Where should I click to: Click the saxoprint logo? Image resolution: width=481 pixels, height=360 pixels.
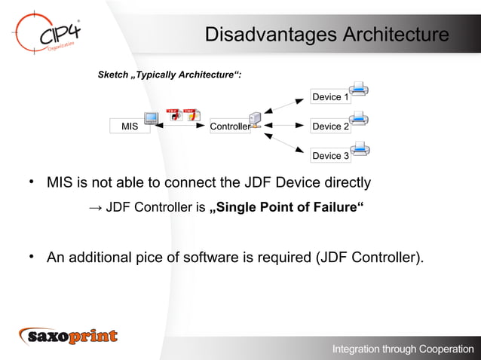point(69,336)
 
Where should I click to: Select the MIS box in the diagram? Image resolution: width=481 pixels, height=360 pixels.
point(129,127)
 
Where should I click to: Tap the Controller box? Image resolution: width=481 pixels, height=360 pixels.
point(229,127)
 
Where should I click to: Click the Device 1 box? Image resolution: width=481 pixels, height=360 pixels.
point(330,97)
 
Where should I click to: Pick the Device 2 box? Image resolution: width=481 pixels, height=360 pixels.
point(330,127)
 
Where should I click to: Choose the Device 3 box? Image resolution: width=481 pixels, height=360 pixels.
point(330,156)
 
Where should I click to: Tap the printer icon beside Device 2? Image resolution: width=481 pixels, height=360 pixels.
point(359,118)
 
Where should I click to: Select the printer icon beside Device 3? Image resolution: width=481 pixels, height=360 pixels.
point(359,147)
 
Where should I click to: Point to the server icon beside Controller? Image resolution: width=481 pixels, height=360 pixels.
point(256,121)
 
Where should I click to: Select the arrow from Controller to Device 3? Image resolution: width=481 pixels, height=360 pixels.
point(286,143)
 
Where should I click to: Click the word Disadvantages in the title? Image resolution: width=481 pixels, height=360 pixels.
point(271,35)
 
